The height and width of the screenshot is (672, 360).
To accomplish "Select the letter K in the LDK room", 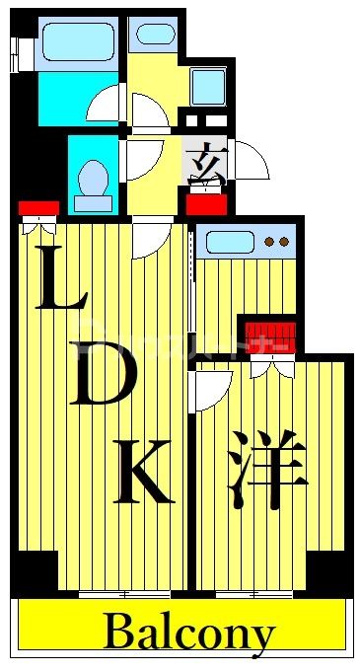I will click(145, 473).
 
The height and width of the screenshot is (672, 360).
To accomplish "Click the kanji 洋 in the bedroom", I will click(264, 476).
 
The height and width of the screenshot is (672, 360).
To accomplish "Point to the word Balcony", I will click(187, 633).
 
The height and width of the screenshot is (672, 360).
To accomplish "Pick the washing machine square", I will click(208, 87).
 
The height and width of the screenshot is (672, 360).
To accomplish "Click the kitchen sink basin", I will click(229, 240).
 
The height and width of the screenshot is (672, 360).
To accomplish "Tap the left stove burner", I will click(270, 241).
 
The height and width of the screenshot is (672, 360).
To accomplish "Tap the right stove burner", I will click(284, 241).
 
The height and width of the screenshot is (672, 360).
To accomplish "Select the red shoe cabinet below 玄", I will click(207, 204).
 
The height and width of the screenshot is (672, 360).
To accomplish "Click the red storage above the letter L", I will click(38, 208).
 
